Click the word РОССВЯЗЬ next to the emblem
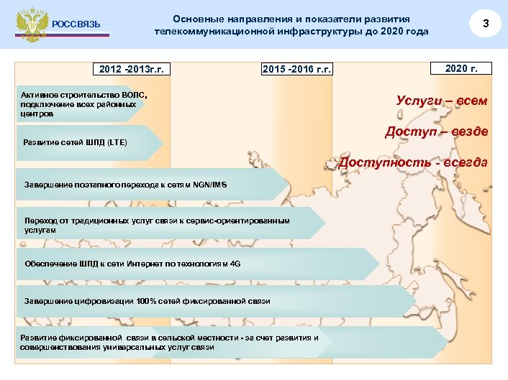[76, 25]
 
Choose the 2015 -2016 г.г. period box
[296, 69]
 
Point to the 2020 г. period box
[461, 68]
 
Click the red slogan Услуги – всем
[441, 101]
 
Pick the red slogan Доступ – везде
[436, 131]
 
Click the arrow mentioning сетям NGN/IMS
[126, 185]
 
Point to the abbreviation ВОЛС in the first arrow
[134, 96]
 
